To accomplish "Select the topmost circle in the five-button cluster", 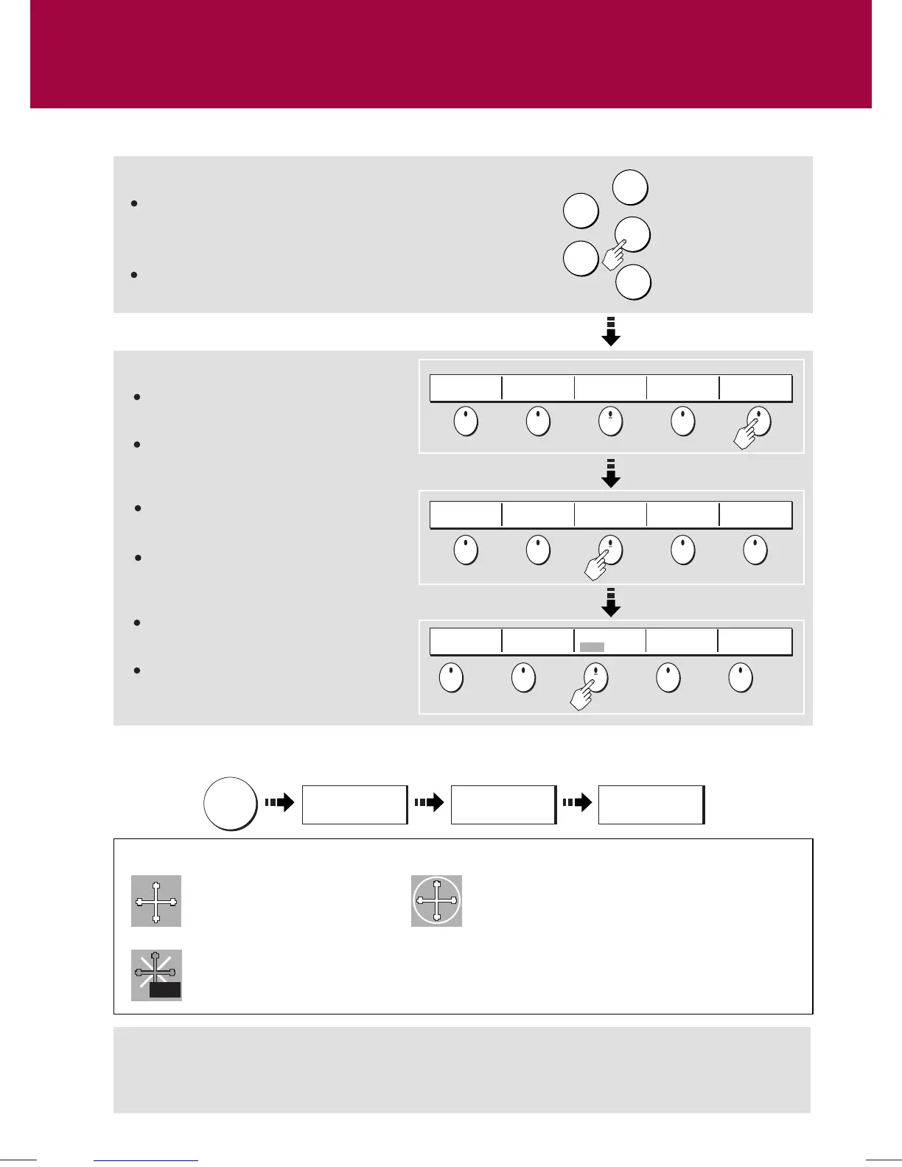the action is pos(630,187).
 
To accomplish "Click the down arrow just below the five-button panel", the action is pos(611,332).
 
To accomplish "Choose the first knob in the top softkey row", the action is pos(465,421).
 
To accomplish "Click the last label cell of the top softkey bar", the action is pos(755,388).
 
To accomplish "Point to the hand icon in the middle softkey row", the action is pos(597,566).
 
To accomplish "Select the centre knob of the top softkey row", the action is pos(610,421).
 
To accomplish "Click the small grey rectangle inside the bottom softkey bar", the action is pos(592,647).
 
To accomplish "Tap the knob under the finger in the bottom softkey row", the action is pos(595,677).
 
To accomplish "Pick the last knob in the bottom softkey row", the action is pos(740,677).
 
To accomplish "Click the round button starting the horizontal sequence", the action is pos(231,803).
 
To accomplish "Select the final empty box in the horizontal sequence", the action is pos(651,805).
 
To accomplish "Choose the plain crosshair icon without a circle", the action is pos(156,901).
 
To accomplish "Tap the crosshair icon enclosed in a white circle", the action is pos(436,901).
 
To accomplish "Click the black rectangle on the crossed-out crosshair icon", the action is pos(164,990).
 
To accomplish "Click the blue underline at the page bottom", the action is pos(146,1160).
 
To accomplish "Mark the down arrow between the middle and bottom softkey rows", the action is pos(611,602).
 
